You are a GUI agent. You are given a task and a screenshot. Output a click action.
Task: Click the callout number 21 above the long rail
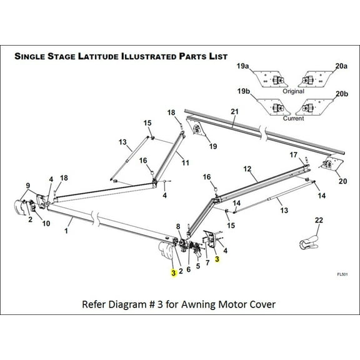click(234, 111)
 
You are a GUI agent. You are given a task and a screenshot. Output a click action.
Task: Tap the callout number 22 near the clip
click(319, 219)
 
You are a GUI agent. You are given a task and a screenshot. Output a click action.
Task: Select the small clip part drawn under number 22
click(309, 241)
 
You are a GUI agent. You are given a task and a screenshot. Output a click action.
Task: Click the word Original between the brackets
click(293, 91)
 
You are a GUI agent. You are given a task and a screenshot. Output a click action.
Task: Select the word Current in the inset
click(294, 118)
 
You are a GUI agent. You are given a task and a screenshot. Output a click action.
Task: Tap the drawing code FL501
click(341, 274)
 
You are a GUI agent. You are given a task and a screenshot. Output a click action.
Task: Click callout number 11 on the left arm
click(185, 163)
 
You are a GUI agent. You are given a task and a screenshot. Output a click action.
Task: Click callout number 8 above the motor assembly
click(178, 226)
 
